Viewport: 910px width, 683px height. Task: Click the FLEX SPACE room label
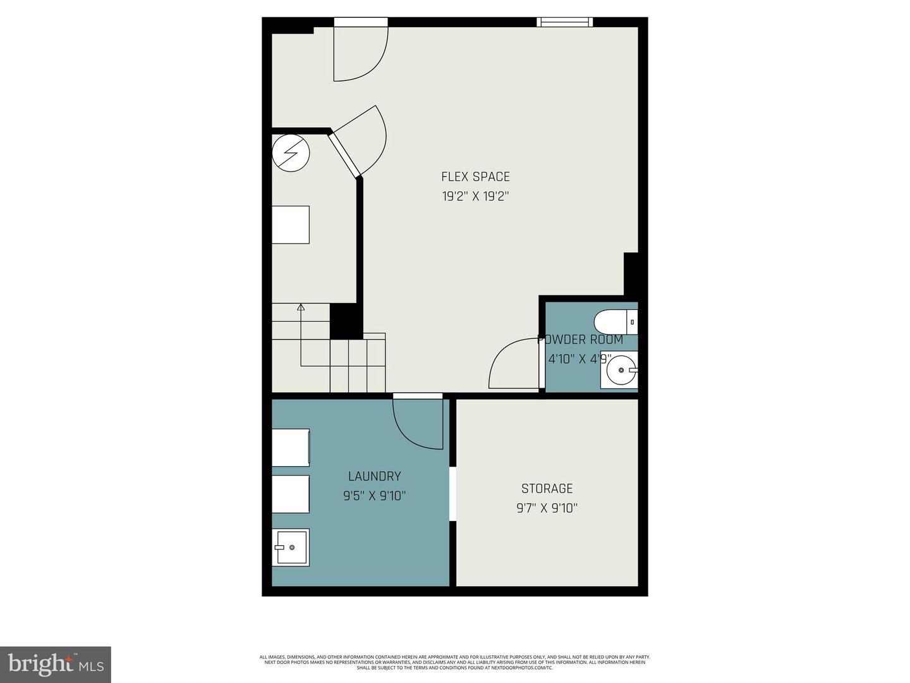475,176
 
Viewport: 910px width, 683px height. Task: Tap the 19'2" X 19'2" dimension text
475,196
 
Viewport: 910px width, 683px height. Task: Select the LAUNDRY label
374,476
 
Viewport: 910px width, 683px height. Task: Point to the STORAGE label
547,488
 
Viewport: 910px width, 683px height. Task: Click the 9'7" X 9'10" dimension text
547,508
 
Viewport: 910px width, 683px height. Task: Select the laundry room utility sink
291,547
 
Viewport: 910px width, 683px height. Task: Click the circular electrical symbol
291,152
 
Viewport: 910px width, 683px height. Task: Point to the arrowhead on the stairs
301,308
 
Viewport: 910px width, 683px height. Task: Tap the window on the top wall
565,22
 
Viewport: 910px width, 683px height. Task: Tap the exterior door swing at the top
360,54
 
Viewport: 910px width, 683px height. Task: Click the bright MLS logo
56,664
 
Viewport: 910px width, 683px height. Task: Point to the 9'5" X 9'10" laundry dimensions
374,496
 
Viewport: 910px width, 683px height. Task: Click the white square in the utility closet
291,225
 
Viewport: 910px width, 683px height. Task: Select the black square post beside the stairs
345,321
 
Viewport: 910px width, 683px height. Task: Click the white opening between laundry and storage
452,494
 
